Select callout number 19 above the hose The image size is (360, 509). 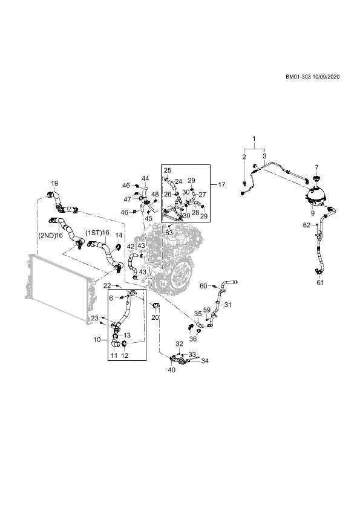coord(54,183)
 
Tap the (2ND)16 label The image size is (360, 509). coord(50,235)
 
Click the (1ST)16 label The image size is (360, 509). coord(97,233)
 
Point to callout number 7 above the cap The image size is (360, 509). coord(317,167)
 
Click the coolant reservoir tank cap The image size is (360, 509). coord(316,179)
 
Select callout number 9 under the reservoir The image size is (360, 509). coord(313,213)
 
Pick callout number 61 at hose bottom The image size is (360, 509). coord(320,282)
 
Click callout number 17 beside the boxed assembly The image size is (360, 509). coord(221,185)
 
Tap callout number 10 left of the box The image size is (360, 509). coord(97,340)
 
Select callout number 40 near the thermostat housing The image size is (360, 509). coord(172,370)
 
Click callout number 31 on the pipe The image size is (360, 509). coord(227,305)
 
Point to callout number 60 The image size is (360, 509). coord(203,286)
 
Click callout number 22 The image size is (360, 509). coord(107,286)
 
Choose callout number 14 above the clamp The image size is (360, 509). coord(119,235)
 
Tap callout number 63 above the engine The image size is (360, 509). coord(169,233)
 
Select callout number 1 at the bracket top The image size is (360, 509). coord(254,139)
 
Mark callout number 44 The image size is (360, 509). coord(145,178)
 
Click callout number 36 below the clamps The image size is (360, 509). coord(193,339)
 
